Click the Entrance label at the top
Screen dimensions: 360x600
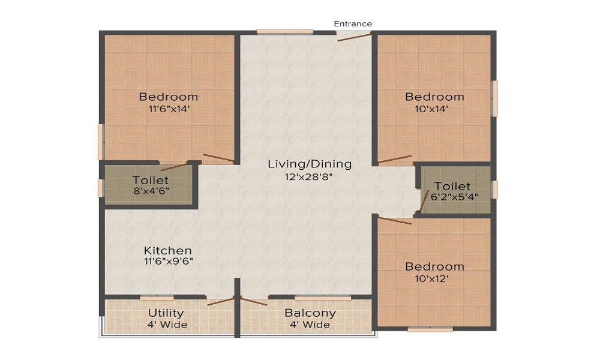tap(353, 24)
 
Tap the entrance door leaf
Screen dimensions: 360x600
tap(353, 36)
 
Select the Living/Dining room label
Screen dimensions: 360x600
tap(310, 164)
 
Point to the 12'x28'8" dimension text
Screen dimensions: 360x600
tap(310, 176)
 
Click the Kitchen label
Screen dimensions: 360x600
tap(168, 250)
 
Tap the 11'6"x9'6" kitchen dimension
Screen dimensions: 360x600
tap(168, 262)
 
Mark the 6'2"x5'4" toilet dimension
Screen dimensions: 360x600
tap(454, 196)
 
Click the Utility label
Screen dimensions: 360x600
tap(166, 313)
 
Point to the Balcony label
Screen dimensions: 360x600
tap(310, 313)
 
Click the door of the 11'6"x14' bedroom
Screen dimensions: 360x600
tap(218, 158)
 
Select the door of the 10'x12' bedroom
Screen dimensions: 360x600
tap(395, 220)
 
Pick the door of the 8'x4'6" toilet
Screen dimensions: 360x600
tap(174, 167)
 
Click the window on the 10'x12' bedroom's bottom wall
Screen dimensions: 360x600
tap(430, 329)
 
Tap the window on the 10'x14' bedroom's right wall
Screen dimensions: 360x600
tap(494, 98)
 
